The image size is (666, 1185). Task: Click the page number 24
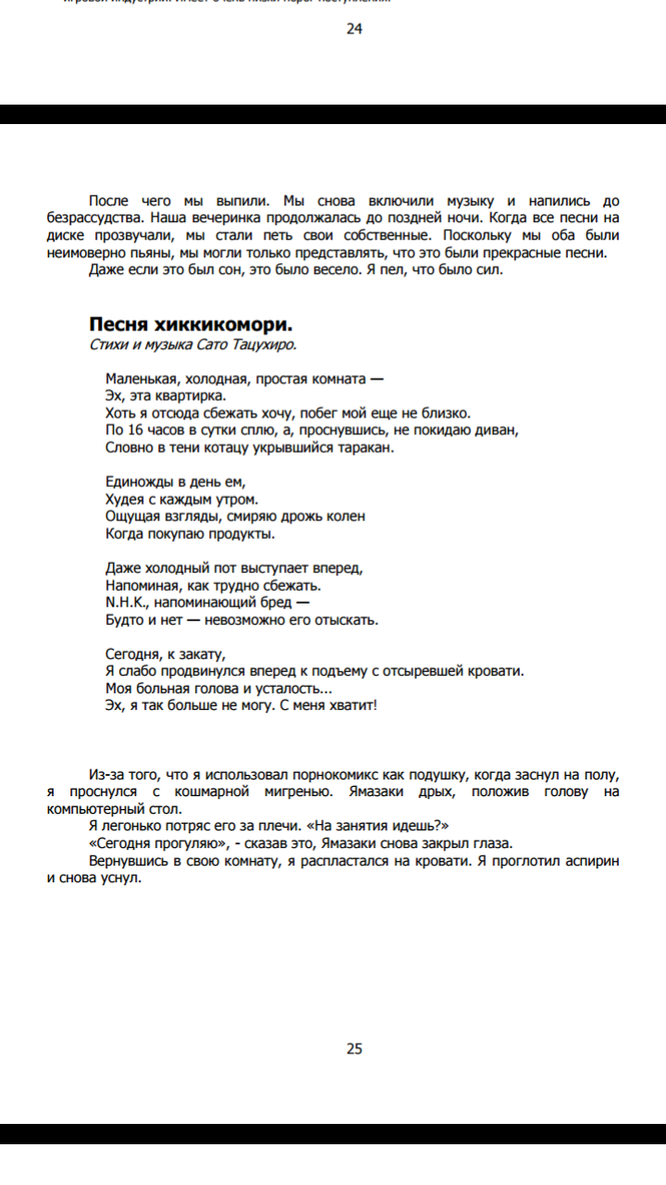pos(354,29)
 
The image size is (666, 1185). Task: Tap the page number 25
pos(354,1049)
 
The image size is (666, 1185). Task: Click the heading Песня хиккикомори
pos(191,324)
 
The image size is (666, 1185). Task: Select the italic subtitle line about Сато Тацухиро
pos(193,344)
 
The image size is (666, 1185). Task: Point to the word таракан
pos(366,447)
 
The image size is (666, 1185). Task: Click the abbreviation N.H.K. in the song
pos(126,603)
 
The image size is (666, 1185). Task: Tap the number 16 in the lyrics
pos(132,430)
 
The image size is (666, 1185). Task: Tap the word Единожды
pos(139,482)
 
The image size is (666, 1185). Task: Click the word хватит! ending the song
pos(352,705)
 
